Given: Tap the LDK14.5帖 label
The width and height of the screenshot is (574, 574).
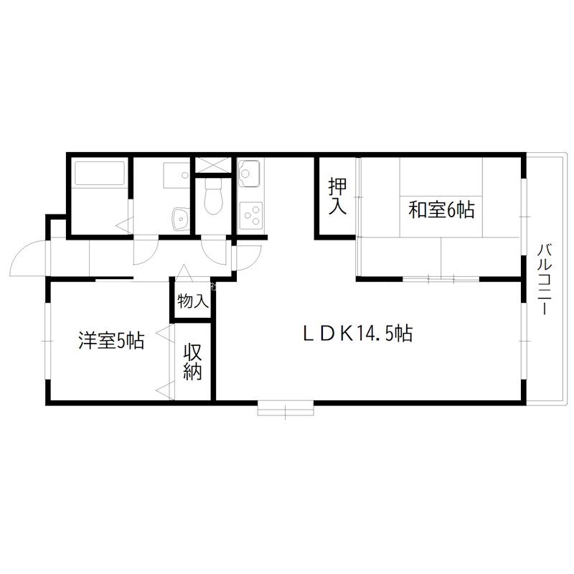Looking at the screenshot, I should click(x=356, y=334).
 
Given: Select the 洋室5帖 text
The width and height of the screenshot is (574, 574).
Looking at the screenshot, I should click(x=111, y=341).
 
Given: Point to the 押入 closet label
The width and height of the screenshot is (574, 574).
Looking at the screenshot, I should click(x=337, y=197).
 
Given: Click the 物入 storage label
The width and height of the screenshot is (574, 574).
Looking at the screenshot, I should click(x=193, y=301).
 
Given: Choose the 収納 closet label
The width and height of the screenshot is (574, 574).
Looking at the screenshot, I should click(x=193, y=362).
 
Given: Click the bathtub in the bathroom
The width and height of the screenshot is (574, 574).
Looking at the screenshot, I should click(x=98, y=175).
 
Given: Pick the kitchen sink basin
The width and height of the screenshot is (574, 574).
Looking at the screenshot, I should click(x=250, y=173).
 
